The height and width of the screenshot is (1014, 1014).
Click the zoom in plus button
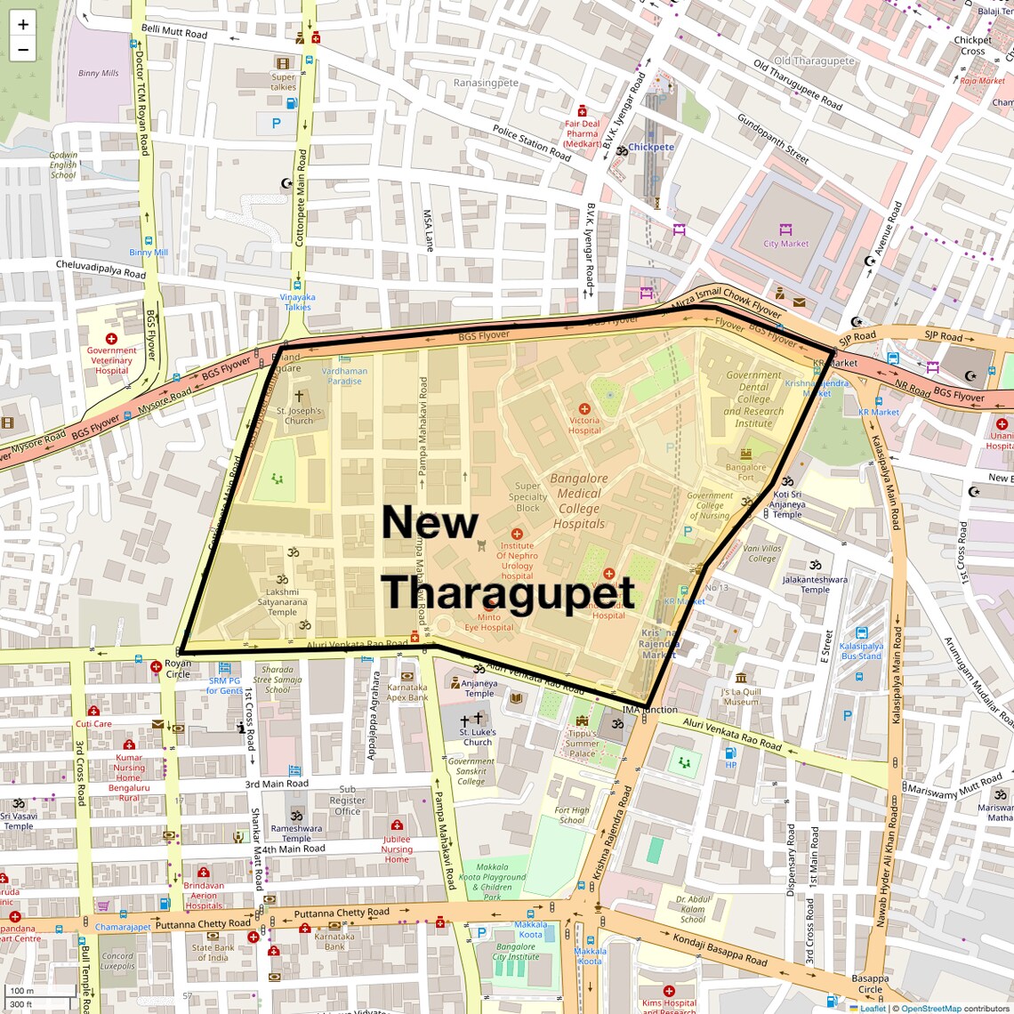tap(23, 25)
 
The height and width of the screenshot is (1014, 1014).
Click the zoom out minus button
tap(23, 50)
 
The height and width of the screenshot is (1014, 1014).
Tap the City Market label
tap(785, 244)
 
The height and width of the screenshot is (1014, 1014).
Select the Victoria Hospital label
tap(584, 425)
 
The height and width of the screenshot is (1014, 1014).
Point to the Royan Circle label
tap(178, 669)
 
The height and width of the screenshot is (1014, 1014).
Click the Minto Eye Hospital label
tap(488, 623)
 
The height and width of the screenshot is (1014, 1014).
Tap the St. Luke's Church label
tap(478, 736)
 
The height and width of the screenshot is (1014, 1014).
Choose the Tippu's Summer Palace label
tap(582, 744)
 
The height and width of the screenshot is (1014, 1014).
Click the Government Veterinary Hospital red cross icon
tap(111, 339)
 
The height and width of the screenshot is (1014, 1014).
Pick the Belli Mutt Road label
tap(174, 32)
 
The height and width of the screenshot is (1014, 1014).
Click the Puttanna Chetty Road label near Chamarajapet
tap(203, 924)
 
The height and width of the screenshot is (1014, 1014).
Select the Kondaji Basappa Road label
tap(720, 949)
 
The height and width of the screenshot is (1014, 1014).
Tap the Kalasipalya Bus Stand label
tap(861, 651)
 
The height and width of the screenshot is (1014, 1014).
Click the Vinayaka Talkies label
tap(297, 302)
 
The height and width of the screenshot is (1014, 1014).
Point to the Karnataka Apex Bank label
tap(407, 692)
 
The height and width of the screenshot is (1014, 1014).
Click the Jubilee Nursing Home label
tap(397, 849)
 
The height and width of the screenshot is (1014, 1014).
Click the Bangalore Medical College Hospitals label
tap(579, 501)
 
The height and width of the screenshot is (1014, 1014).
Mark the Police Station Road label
tap(532, 143)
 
